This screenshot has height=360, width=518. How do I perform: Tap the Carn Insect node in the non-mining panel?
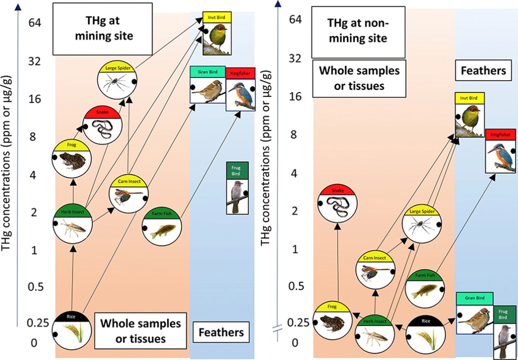(x=375, y=271)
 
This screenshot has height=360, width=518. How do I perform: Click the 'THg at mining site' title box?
(x=102, y=29)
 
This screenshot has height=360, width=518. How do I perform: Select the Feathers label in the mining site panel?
(x=221, y=332)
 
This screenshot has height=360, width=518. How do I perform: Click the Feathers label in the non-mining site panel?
(x=483, y=70)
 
